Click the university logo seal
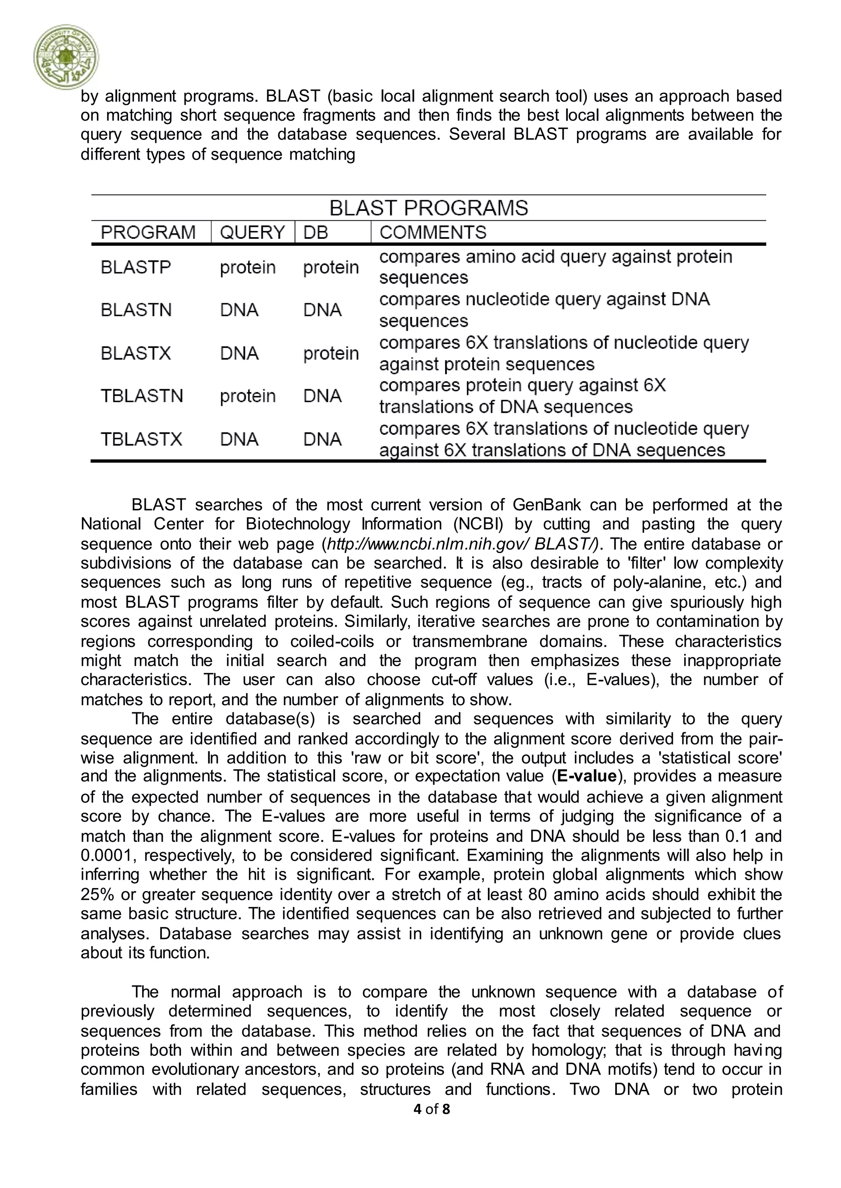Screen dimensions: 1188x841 click(x=66, y=57)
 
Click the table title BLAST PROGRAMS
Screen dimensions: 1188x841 click(x=428, y=208)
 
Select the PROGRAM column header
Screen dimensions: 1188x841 click(x=148, y=232)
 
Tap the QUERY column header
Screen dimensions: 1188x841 click(x=252, y=232)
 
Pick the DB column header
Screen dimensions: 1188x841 click(x=315, y=232)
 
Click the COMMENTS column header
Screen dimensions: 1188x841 click(x=433, y=232)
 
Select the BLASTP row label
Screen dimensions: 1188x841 click(x=136, y=267)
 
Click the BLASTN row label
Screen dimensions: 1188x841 click(x=136, y=310)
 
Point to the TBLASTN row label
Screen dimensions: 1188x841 click(x=142, y=396)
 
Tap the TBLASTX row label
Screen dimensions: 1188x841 click(x=141, y=439)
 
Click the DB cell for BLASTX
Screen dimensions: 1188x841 click(x=331, y=353)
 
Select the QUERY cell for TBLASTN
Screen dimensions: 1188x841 click(x=248, y=396)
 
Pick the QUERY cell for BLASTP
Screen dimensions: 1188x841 click(x=248, y=267)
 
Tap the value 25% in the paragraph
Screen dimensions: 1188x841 click(x=97, y=894)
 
